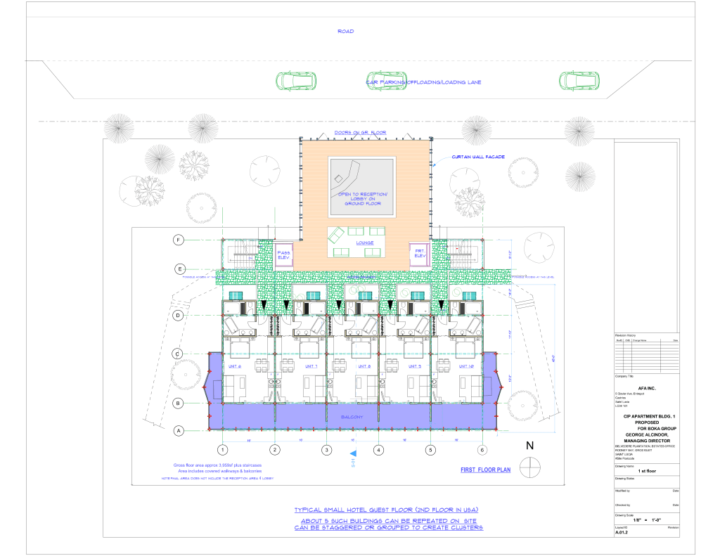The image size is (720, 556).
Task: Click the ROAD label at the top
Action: click(x=345, y=32)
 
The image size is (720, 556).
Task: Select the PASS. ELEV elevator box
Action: click(x=284, y=255)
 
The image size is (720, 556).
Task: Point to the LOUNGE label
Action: click(x=364, y=243)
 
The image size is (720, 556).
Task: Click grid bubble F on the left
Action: click(x=179, y=240)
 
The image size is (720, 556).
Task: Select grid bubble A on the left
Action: click(x=179, y=430)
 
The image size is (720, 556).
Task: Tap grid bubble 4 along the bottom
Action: click(x=378, y=450)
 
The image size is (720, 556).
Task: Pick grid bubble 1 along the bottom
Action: click(x=222, y=450)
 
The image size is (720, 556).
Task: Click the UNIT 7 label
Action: click(x=311, y=366)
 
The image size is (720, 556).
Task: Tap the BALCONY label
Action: click(x=352, y=417)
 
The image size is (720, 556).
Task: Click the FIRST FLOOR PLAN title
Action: click(x=485, y=469)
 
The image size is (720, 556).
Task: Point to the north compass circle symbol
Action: click(x=529, y=466)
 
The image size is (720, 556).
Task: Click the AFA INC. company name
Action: click(x=645, y=386)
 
